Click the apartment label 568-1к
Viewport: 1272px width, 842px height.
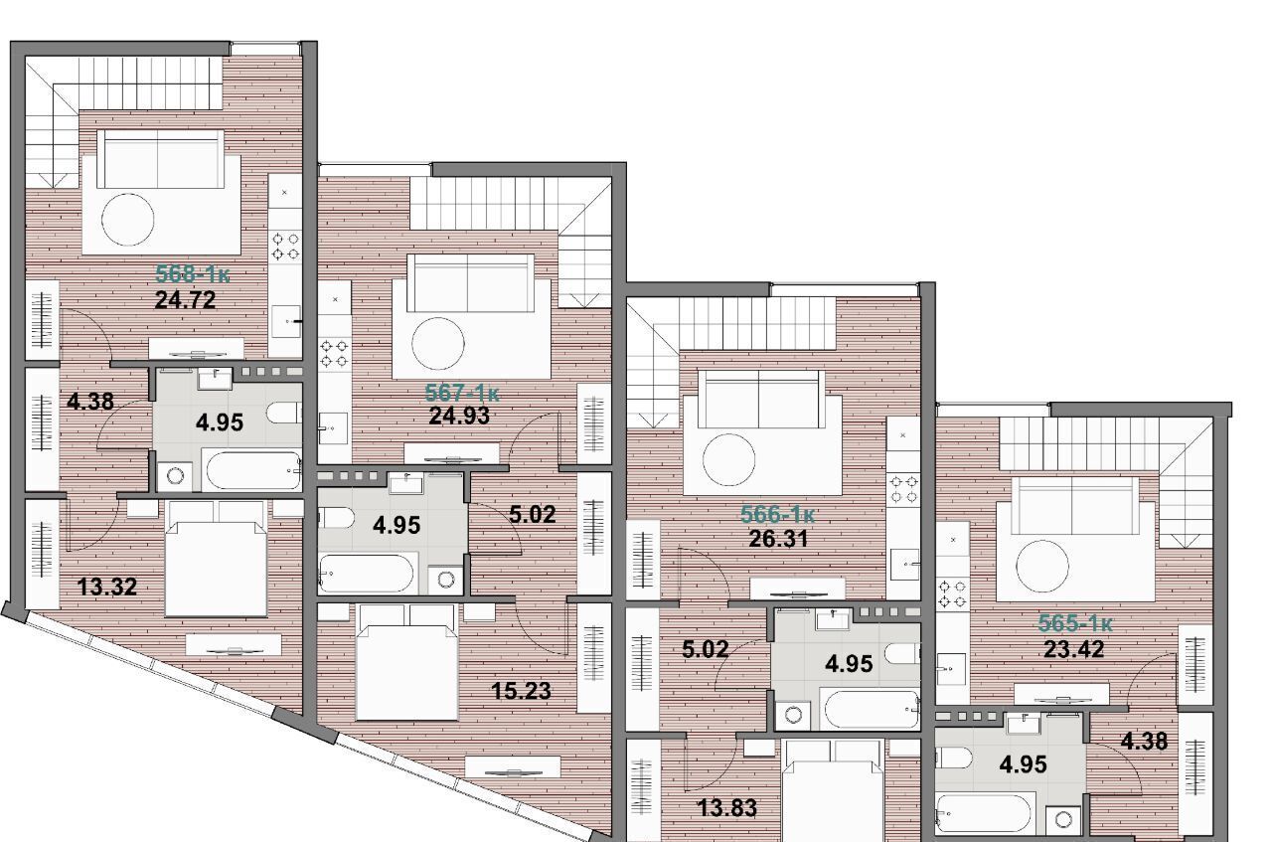click(193, 274)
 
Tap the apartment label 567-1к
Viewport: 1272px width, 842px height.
click(462, 393)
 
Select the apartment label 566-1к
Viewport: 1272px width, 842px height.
click(777, 514)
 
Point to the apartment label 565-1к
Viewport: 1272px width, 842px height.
click(1075, 624)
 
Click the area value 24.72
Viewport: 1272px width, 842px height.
click(185, 300)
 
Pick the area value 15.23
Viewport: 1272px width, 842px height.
click(521, 691)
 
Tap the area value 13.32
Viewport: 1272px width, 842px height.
click(106, 587)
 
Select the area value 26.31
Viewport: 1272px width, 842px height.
click(778, 539)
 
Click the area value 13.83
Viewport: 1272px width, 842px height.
click(726, 807)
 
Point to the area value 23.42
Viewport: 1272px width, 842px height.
click(1074, 649)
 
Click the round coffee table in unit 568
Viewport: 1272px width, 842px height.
click(128, 220)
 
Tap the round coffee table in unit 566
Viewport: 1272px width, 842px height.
click(729, 460)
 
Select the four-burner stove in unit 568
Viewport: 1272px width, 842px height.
click(285, 246)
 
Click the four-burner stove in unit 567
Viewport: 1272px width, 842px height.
click(334, 353)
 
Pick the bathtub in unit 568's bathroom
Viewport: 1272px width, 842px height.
click(253, 470)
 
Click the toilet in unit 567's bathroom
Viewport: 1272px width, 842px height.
click(336, 518)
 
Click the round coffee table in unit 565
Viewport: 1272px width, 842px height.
click(1042, 567)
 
